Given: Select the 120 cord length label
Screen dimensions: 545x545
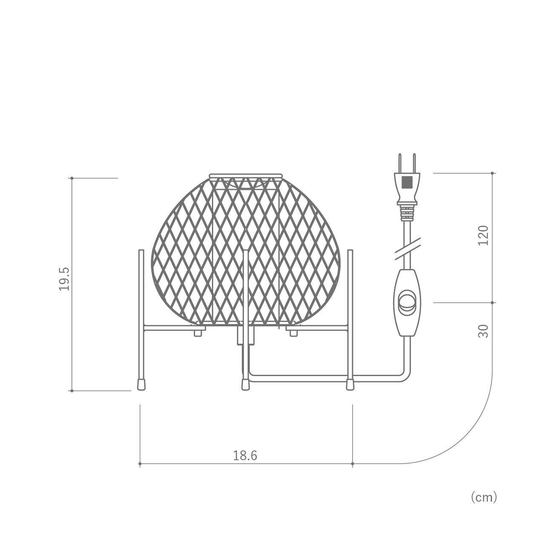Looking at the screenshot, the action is pyautogui.click(x=483, y=235).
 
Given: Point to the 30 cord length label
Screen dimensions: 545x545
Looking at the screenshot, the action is pyautogui.click(x=483, y=331).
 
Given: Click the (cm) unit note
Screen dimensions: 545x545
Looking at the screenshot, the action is pyautogui.click(x=484, y=505).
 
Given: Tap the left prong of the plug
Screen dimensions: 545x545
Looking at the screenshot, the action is pyautogui.click(x=400, y=163).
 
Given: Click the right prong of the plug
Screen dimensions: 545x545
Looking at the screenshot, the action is pyautogui.click(x=414, y=163).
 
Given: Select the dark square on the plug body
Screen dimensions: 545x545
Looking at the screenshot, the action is pyautogui.click(x=407, y=183).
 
